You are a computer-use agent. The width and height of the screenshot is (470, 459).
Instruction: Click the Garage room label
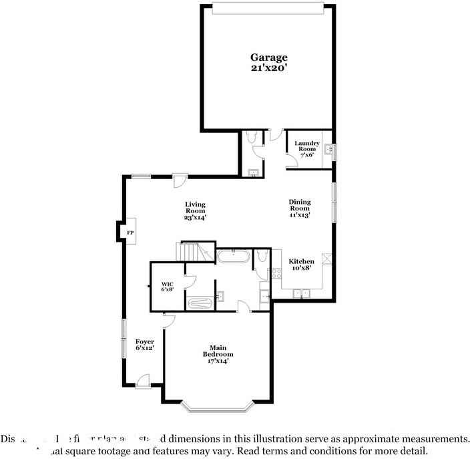click(x=268, y=57)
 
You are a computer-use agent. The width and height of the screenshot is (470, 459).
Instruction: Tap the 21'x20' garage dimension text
click(x=268, y=67)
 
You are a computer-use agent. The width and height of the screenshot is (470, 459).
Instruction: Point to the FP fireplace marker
click(x=130, y=232)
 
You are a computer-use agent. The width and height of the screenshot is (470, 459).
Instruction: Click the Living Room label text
click(x=195, y=210)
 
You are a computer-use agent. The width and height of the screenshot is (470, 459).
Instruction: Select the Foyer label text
click(x=145, y=345)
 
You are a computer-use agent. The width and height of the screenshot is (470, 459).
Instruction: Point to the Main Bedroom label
click(x=218, y=354)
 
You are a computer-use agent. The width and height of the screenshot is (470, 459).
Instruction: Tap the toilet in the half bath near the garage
click(x=251, y=138)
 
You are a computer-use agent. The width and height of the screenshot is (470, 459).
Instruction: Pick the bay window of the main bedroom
click(x=218, y=404)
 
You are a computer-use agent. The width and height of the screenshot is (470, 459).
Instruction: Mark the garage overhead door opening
click(x=268, y=8)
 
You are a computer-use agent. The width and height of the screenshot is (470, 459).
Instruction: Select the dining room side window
click(x=334, y=200)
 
